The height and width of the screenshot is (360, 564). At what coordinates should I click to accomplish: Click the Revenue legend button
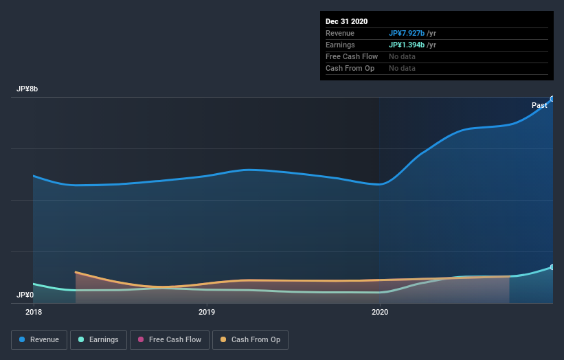[x=40, y=339]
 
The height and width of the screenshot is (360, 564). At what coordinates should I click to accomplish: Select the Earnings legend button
[x=98, y=339]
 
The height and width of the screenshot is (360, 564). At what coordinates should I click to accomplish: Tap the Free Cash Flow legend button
[x=168, y=339]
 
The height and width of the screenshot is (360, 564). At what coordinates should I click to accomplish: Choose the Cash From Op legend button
[x=250, y=339]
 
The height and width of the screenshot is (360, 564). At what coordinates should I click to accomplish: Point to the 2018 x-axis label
[x=33, y=312]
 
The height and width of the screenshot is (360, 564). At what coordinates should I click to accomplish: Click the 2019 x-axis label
[x=207, y=312]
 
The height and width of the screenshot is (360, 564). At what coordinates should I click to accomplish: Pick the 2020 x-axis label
[x=380, y=312]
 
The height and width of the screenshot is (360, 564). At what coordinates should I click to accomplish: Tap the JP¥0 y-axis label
[x=25, y=295]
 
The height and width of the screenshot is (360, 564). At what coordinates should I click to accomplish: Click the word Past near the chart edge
[x=539, y=105]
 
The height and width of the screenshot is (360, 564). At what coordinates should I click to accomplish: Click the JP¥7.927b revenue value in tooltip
[x=407, y=33]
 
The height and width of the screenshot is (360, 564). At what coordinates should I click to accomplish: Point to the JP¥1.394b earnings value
[x=407, y=45]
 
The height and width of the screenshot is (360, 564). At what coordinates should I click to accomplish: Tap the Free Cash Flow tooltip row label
[x=352, y=56]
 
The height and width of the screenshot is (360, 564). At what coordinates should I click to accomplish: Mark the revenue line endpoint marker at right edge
[x=552, y=99]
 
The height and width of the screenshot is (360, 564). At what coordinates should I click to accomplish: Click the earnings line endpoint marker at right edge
[x=552, y=267]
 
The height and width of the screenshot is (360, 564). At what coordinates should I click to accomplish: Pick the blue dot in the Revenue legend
[x=23, y=339]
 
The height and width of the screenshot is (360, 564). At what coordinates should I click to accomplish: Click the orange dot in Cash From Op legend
[x=223, y=339]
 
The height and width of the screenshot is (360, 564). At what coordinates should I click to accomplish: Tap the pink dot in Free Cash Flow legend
[x=141, y=339]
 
